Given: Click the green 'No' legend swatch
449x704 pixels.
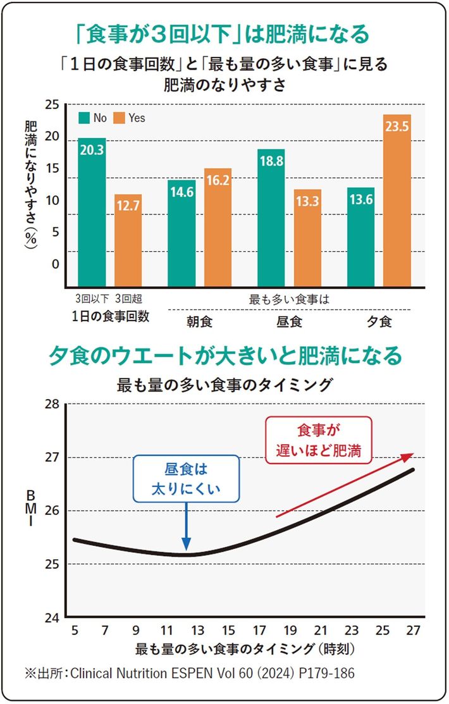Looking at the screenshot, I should point(83,118).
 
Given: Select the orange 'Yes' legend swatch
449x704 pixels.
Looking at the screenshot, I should point(119,118).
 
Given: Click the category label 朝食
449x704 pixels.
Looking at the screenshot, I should point(199,321).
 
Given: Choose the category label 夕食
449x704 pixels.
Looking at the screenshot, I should point(379,321).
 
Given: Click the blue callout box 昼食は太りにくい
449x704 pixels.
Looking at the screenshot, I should point(186,479).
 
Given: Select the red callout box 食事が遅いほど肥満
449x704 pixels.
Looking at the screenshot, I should point(319,440).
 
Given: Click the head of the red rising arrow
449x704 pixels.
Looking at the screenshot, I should point(412,455).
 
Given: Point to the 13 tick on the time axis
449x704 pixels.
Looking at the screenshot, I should point(198,630).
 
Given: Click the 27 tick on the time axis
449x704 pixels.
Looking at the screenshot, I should point(414,630).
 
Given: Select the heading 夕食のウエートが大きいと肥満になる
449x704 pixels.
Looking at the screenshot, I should point(225,355).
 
